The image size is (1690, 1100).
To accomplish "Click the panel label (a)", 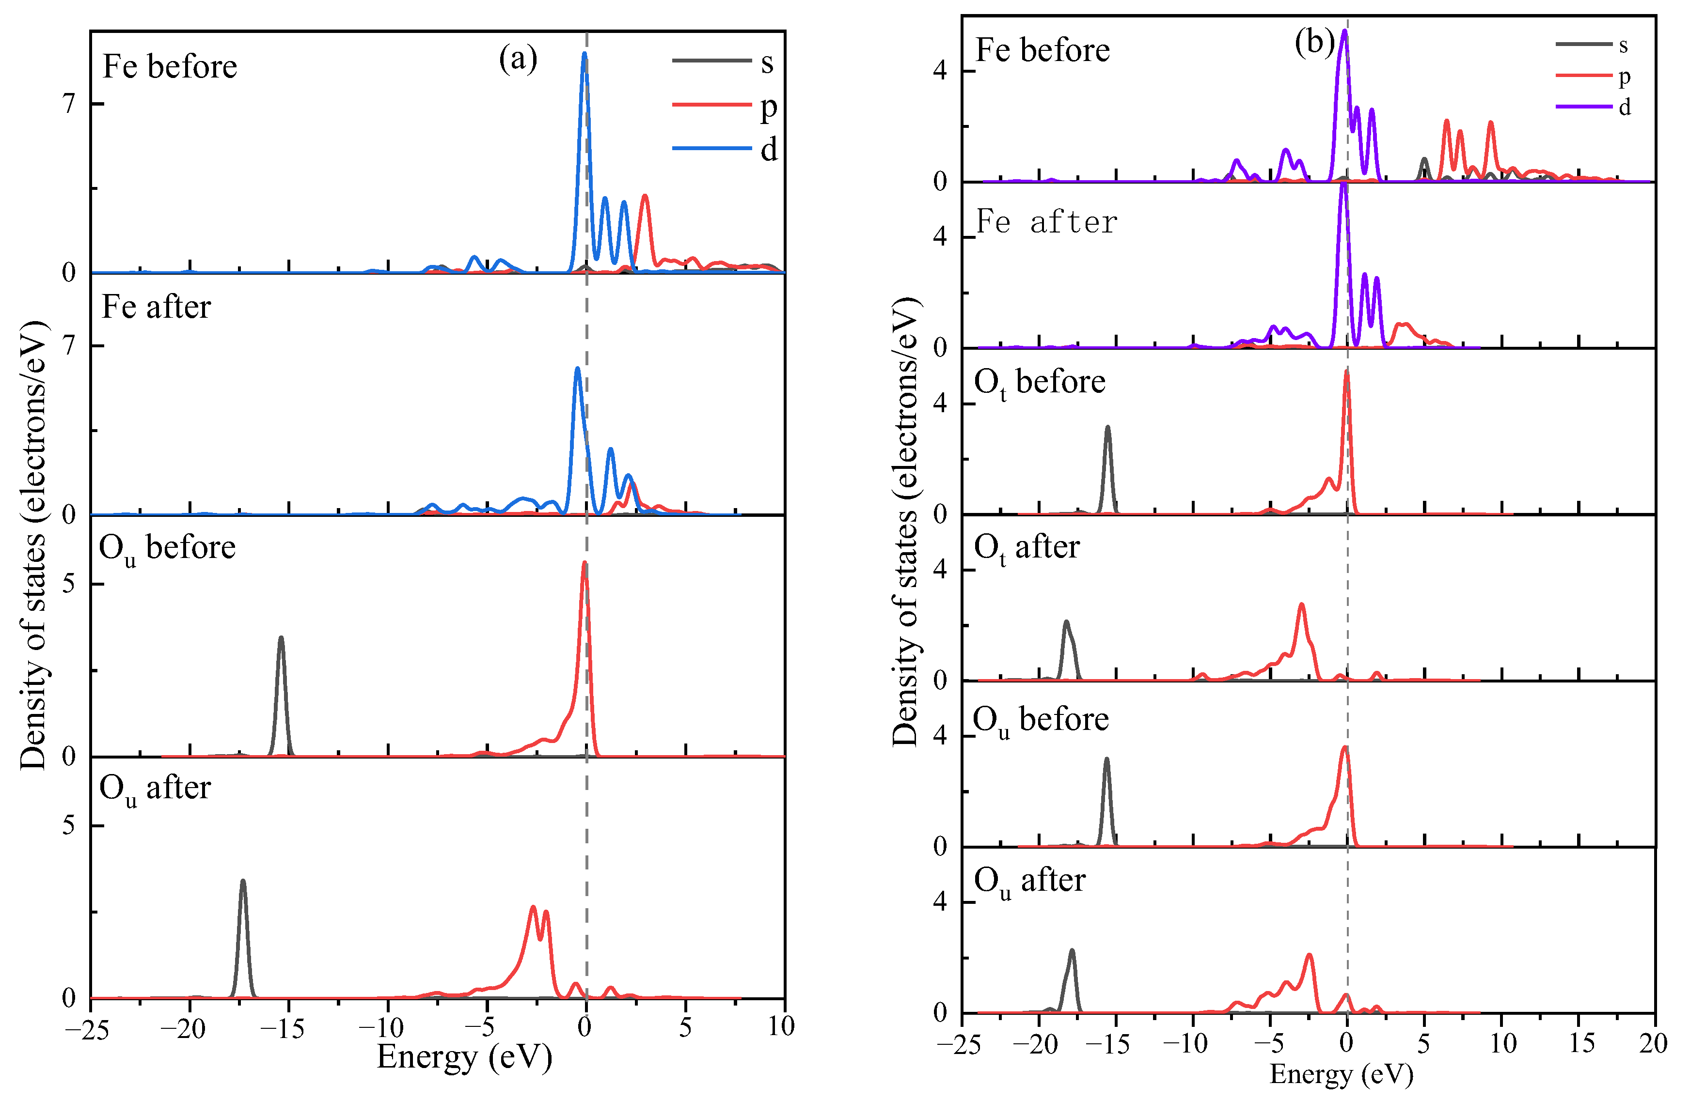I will pyautogui.click(x=518, y=59).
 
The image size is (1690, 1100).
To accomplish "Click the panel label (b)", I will pyautogui.click(x=1314, y=43).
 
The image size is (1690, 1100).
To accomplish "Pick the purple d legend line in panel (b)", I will pyautogui.click(x=1583, y=107).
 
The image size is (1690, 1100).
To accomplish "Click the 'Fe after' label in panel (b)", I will pyautogui.click(x=1047, y=223).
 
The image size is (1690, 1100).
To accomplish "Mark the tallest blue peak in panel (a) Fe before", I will pyautogui.click(x=584, y=54).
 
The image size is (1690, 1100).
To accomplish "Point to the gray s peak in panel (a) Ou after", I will pyautogui.click(x=243, y=882).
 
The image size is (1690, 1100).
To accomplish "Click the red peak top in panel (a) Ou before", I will pyautogui.click(x=584, y=563).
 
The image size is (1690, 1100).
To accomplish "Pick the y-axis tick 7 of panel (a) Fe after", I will pyautogui.click(x=69, y=346).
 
